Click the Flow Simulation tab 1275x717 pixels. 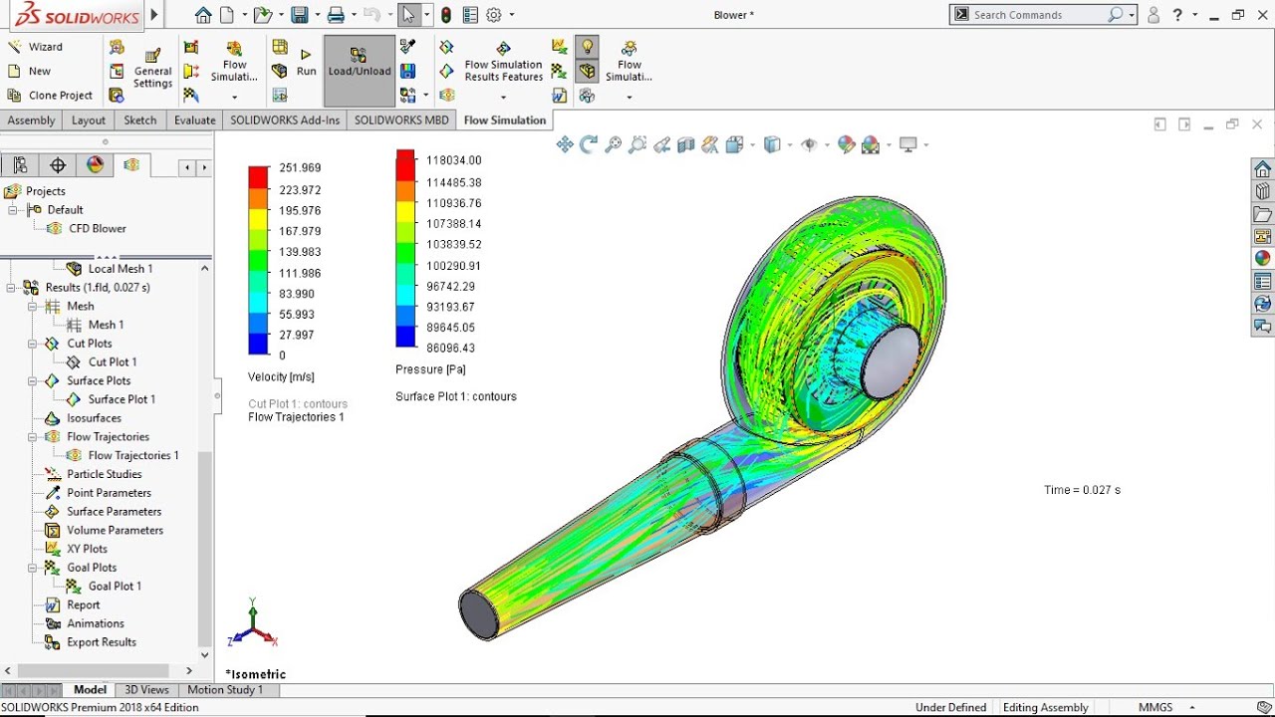tap(504, 120)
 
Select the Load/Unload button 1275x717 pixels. tap(359, 71)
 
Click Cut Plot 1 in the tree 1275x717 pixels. tap(112, 362)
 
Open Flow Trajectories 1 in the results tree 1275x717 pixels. tap(132, 456)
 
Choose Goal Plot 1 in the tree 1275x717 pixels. tap(115, 587)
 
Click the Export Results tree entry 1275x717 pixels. tap(101, 642)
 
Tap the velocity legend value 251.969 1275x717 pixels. tap(300, 168)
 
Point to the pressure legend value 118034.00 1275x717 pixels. tap(453, 160)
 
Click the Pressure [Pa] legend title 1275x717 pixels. tap(433, 369)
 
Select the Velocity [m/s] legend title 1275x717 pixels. tap(281, 377)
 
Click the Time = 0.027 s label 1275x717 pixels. tap(1082, 490)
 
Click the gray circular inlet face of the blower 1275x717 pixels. tap(889, 361)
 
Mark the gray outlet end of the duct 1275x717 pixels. tap(479, 614)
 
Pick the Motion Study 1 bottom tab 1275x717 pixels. tap(225, 690)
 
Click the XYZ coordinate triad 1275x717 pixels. tap(253, 625)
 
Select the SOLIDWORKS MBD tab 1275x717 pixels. tap(401, 120)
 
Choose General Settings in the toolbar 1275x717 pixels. tap(152, 71)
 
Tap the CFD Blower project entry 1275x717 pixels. tap(97, 229)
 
